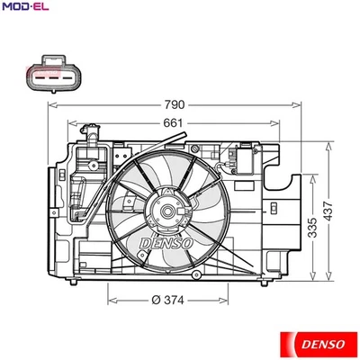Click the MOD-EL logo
click(23, 8)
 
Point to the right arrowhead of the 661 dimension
click(281, 123)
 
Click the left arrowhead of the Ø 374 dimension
click(109, 301)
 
